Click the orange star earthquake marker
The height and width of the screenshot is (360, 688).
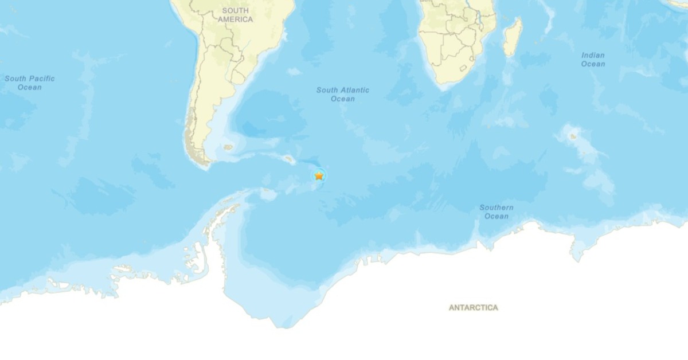[x=319, y=175]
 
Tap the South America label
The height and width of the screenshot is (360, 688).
[x=235, y=15]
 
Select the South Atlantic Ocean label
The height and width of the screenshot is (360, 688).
[x=343, y=94]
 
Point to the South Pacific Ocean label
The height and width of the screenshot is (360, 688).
[x=30, y=83]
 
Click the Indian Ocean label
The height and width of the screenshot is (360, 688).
[x=593, y=60]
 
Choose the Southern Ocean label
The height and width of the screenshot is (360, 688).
[x=497, y=212]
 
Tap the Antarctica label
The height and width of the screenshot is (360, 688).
[x=473, y=308]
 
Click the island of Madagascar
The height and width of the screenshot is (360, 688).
[x=513, y=37]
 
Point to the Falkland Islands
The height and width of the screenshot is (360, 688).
[x=228, y=147]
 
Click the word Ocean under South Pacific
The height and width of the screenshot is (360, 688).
[x=30, y=87]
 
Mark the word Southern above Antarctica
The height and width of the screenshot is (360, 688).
[x=497, y=208]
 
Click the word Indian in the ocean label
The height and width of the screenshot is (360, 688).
[x=593, y=56]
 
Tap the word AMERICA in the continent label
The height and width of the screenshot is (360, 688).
[x=235, y=19]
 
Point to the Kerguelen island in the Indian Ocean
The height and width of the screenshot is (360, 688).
[x=572, y=136]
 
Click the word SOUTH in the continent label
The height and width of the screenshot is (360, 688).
[x=235, y=10]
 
